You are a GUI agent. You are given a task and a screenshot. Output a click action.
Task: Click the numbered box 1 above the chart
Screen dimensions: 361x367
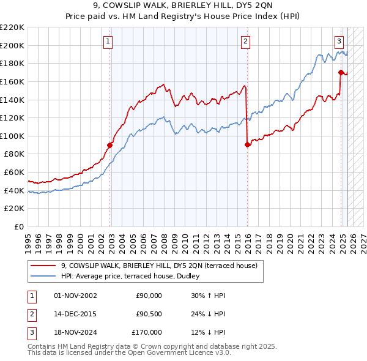point(108,42)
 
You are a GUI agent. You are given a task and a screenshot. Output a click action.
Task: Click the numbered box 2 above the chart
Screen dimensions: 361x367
point(245,42)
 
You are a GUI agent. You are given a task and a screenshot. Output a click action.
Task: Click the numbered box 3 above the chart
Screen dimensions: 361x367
point(339,42)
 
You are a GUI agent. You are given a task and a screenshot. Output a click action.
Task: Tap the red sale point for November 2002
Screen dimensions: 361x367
point(110,145)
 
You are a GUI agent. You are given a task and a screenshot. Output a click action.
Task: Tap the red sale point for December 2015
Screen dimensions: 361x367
point(247,144)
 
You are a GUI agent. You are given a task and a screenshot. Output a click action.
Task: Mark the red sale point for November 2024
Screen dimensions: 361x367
point(341,72)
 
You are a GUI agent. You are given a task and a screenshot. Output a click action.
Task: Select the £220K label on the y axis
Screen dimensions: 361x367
point(12,28)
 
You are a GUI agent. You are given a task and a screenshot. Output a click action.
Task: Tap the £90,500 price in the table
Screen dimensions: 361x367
point(149,314)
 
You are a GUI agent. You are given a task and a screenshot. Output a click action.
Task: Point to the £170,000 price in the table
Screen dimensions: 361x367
point(147,332)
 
